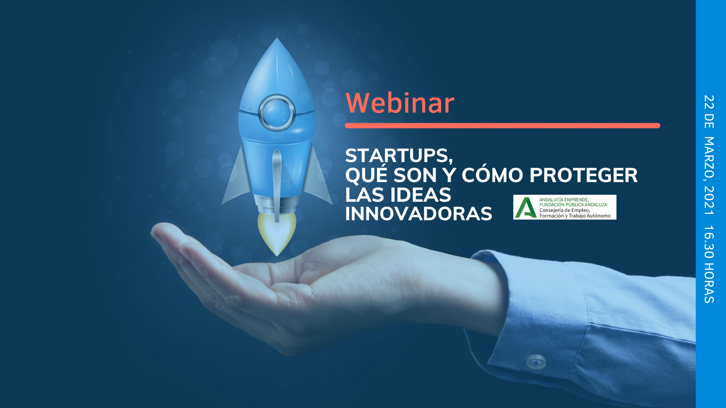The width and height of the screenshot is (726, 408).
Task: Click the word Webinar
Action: tap(400, 103)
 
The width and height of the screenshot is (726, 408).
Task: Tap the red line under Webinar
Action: tap(503, 125)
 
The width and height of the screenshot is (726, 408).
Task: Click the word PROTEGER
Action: tap(583, 175)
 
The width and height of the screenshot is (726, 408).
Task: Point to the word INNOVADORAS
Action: tap(419, 214)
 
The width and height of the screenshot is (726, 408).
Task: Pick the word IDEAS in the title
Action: tap(420, 195)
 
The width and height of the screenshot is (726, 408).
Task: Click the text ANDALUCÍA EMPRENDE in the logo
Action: tap(563, 199)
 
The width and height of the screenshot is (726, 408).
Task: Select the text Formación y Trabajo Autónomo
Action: tap(575, 216)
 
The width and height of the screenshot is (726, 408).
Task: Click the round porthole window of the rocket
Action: tap(277, 113)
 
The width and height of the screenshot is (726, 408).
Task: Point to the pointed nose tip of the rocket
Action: tap(277, 38)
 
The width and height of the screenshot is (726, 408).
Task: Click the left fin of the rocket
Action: tap(237, 178)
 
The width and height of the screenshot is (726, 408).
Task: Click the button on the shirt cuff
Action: tap(536, 361)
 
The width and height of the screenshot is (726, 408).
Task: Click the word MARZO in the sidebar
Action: tap(709, 158)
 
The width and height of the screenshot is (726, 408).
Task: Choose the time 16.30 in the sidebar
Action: tap(709, 242)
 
